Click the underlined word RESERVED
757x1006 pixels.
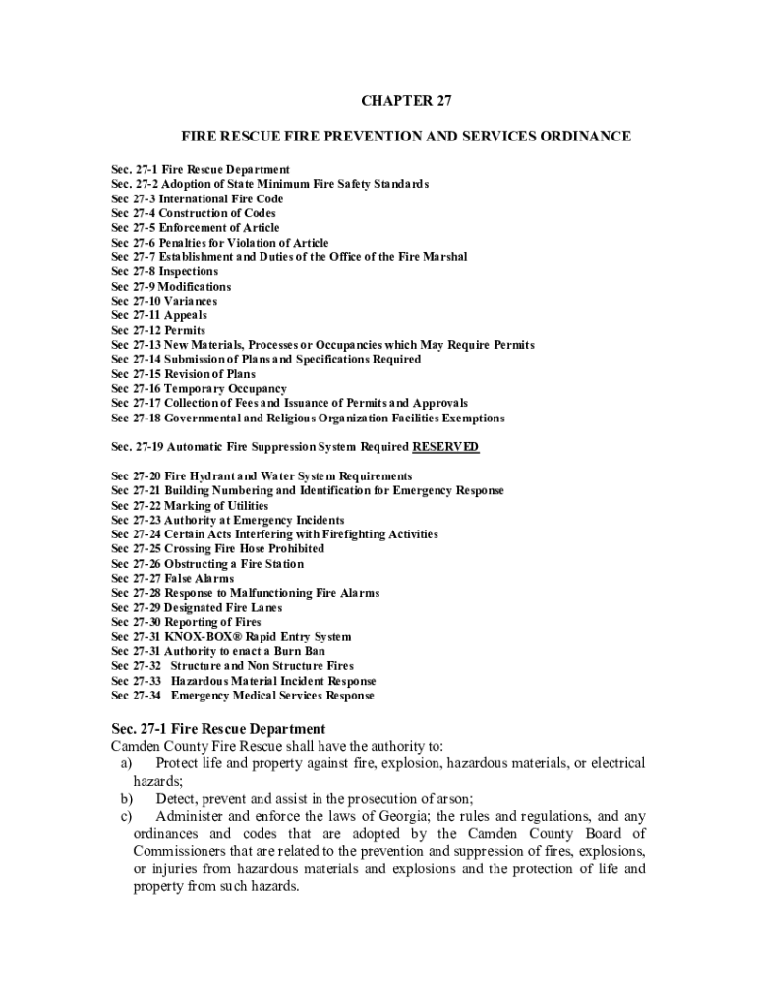tap(445, 447)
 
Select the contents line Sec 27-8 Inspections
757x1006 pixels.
tap(165, 271)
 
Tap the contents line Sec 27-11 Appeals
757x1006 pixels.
tap(158, 315)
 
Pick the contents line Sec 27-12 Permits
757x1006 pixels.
tap(158, 330)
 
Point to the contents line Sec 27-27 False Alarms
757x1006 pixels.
tap(173, 579)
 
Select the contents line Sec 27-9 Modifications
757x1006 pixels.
tap(171, 286)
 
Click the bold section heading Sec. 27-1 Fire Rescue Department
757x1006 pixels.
tap(217, 729)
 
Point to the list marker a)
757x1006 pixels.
tap(127, 763)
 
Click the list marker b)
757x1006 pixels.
tap(127, 800)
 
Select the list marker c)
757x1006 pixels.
tap(127, 817)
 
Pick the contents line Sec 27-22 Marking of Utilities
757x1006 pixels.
tap(190, 505)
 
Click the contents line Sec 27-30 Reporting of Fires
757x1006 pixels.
tap(187, 622)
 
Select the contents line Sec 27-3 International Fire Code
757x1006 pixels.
tap(197, 198)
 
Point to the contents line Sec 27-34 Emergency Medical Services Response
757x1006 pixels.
tap(243, 696)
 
